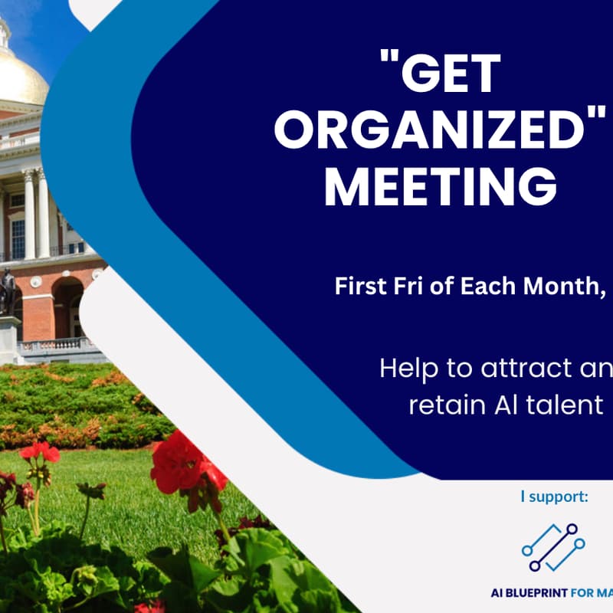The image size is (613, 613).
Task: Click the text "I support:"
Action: (x=554, y=497)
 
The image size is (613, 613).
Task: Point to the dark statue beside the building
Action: (x=7, y=290)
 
